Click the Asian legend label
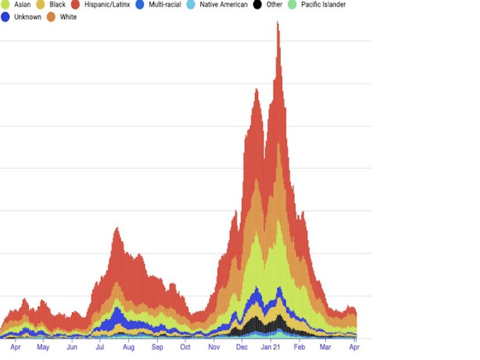tap(22, 5)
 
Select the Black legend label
tap(58, 5)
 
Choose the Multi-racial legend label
tap(164, 5)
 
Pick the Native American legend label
tap(223, 5)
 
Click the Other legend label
tap(274, 5)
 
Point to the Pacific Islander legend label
tap(323, 5)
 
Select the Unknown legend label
tap(28, 17)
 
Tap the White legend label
tap(68, 17)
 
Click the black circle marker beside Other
tap(257, 5)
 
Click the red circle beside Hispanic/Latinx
tap(76, 5)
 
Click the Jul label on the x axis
tap(100, 347)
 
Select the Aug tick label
tap(128, 347)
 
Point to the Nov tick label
tap(214, 347)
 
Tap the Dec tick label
tap(242, 347)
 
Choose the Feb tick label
tap(299, 347)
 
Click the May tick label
tap(43, 347)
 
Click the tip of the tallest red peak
tap(277, 22)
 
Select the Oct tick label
tap(185, 347)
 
